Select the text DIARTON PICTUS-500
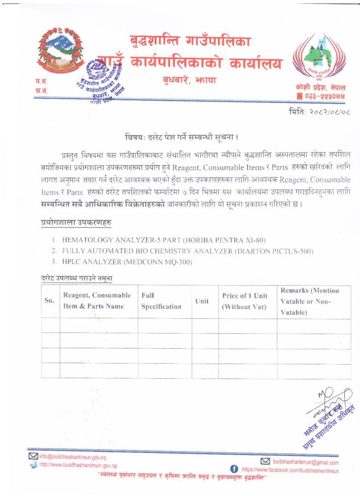[x=272, y=251]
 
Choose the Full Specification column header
[x=161, y=301]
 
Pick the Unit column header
[x=201, y=301]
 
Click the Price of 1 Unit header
[x=243, y=301]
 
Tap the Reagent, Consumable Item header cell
[x=97, y=301]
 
